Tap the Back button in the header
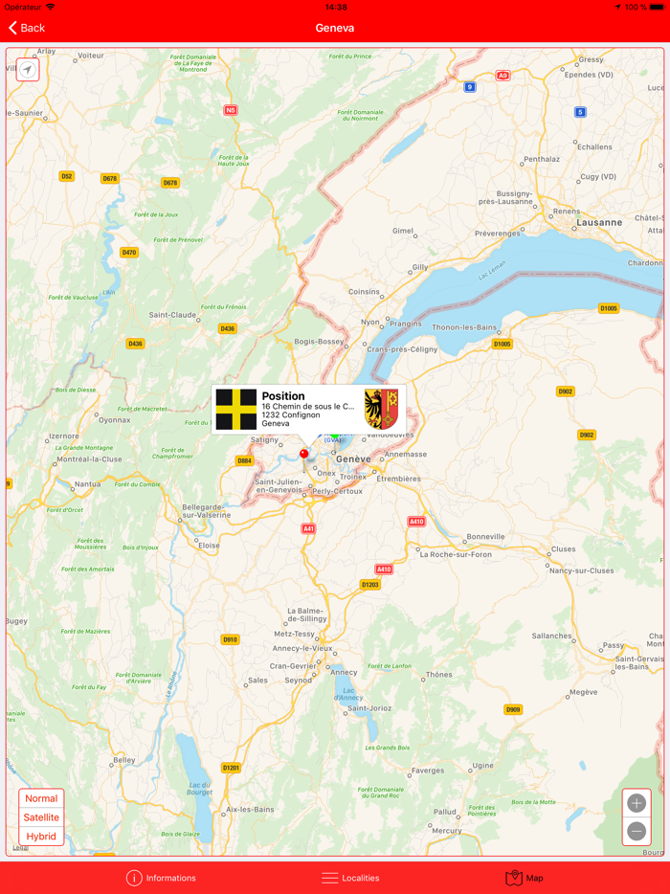pyautogui.click(x=27, y=28)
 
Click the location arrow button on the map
pyautogui.click(x=28, y=69)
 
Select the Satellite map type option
pyautogui.click(x=41, y=817)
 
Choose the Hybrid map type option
pyautogui.click(x=41, y=837)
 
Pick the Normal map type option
pyautogui.click(x=41, y=798)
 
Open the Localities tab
pyautogui.click(x=350, y=878)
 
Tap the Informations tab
pyautogui.click(x=161, y=878)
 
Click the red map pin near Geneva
pyautogui.click(x=304, y=455)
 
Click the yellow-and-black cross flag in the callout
pyautogui.click(x=235, y=410)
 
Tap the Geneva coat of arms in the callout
pyautogui.click(x=381, y=409)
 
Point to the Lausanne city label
pyautogui.click(x=599, y=222)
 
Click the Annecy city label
pyautogui.click(x=344, y=672)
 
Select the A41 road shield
pyautogui.click(x=308, y=528)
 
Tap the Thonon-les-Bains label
pyautogui.click(x=465, y=327)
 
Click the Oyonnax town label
pyautogui.click(x=114, y=419)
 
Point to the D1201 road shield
pyautogui.click(x=231, y=768)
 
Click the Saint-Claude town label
pyautogui.click(x=172, y=315)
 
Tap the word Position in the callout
pyautogui.click(x=283, y=396)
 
